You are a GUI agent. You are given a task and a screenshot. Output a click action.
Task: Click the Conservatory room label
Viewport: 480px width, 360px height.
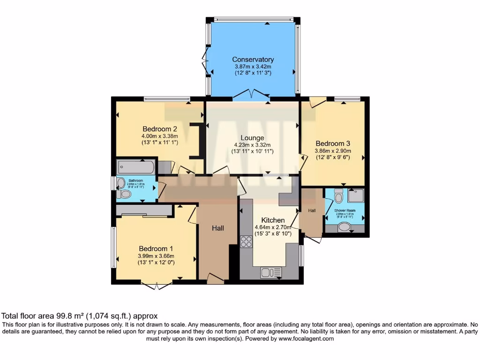[253, 60]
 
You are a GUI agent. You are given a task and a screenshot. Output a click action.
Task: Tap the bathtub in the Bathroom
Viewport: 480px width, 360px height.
[136, 166]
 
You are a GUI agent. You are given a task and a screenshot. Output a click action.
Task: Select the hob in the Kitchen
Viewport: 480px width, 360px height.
[246, 241]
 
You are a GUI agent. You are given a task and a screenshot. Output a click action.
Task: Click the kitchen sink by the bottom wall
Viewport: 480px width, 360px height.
[271, 272]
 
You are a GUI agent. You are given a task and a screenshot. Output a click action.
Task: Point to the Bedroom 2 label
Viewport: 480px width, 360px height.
[159, 129]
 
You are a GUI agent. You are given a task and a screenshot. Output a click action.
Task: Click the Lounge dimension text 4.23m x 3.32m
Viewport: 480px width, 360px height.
[252, 145]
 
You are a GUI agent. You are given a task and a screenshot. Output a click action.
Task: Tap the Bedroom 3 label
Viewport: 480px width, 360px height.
[333, 143]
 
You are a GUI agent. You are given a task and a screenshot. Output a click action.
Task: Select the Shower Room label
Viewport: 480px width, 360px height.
[345, 210]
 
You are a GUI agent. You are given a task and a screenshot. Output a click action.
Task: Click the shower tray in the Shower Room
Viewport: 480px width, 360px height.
[356, 195]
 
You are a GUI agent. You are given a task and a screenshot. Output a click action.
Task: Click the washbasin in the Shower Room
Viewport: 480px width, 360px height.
[345, 227]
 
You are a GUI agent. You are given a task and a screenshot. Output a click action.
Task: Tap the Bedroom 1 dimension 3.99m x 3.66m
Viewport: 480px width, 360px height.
[156, 256]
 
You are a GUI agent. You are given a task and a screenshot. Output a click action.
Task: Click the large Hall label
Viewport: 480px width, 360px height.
[217, 228]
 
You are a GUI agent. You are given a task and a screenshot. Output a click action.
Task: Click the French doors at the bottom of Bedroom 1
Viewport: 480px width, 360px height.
[156, 285]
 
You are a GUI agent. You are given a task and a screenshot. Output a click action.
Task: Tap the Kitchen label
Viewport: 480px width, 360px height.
[273, 220]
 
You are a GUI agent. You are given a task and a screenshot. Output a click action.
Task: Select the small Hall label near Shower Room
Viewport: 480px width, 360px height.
[312, 211]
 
